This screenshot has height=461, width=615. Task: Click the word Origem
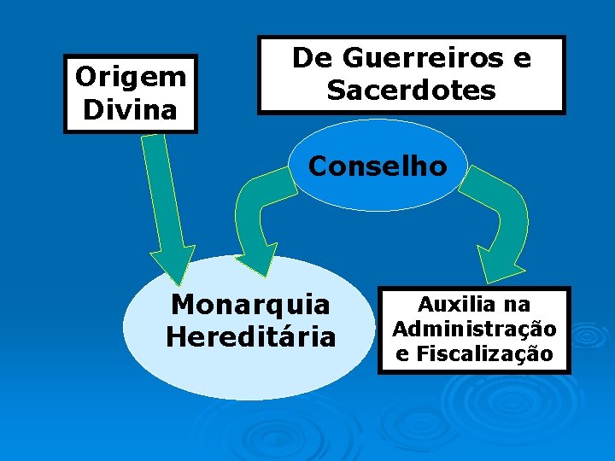tap(130, 77)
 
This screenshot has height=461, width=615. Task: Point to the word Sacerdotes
tap(411, 90)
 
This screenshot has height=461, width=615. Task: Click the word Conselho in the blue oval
tap(378, 166)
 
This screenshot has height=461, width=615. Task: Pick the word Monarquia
tap(250, 304)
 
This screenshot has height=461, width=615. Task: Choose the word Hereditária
tap(250, 336)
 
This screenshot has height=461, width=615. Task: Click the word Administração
tap(474, 329)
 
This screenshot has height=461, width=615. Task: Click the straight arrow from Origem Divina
tap(167, 205)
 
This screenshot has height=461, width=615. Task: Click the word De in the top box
tap(307, 58)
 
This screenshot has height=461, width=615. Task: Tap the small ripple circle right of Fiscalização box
tap(589, 337)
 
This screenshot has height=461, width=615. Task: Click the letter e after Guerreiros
tap(521, 58)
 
